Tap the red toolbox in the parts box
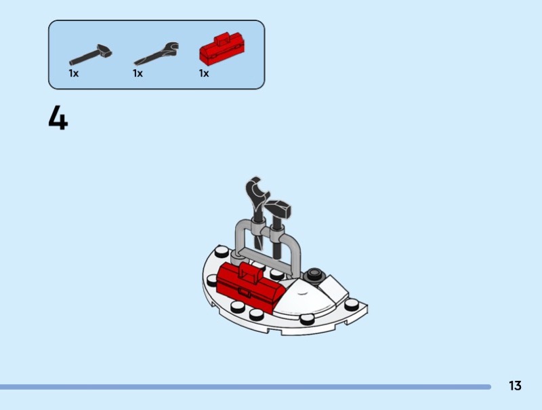[x=220, y=49]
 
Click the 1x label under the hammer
[x=73, y=73]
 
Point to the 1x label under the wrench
[x=138, y=73]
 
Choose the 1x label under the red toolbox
[x=204, y=73]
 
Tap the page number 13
[x=515, y=386]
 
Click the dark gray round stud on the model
[x=313, y=274]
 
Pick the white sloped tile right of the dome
[x=333, y=288]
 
